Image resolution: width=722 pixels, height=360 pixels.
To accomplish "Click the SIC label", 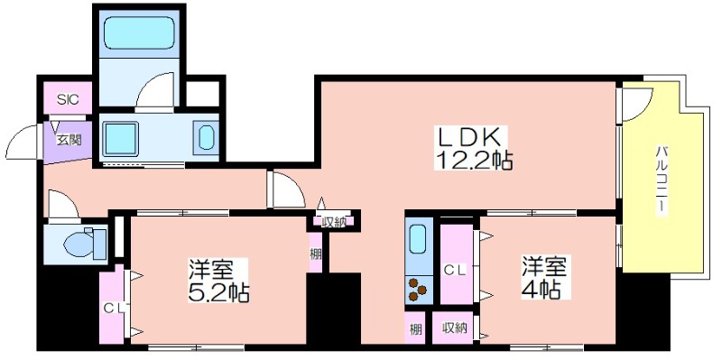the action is pos(68,99).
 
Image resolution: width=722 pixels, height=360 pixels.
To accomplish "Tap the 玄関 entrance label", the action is pos(69,140).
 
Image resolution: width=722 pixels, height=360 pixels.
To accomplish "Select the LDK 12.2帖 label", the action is pos(473,148).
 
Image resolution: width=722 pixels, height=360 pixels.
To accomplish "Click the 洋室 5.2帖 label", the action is pos(218,281).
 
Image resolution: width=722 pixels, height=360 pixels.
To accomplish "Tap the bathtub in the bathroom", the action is pos(138,33).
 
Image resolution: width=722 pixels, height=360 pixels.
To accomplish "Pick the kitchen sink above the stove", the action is pos(418,239).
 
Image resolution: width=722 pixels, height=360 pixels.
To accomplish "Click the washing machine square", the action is pos(120,139).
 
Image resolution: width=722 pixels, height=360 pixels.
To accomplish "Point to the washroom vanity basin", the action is pos(206,137).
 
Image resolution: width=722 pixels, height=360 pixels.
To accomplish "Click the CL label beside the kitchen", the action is pos(456,271).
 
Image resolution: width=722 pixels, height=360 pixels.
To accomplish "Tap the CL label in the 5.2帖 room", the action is pos(115,309).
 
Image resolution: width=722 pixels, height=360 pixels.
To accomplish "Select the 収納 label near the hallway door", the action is pos(334,222).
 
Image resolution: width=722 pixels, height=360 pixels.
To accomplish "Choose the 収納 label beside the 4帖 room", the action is pos(455,328).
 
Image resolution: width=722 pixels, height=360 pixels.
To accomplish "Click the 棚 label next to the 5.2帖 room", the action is pos(315,254).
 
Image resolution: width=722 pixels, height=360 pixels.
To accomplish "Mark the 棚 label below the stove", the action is pos(415,329).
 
